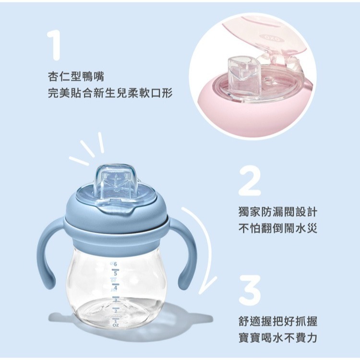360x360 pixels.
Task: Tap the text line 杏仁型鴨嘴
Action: coord(76,76)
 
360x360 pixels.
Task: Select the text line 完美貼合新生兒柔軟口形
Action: coord(110,92)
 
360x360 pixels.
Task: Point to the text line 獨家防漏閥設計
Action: coord(277,212)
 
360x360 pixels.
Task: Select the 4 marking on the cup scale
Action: coord(116,287)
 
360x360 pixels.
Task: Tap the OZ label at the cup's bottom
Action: coord(115,325)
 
